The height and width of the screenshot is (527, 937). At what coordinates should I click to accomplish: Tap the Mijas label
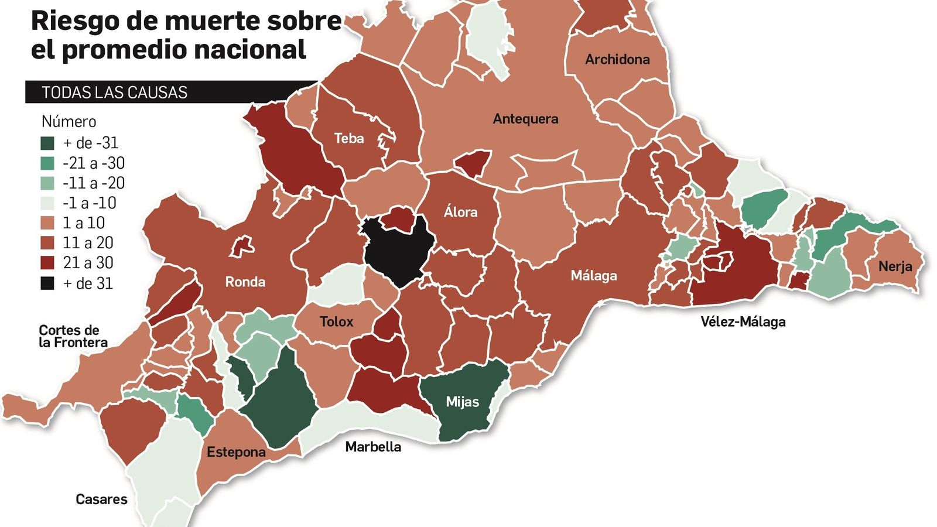point(462,402)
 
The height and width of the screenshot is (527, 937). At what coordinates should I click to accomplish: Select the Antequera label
point(525,119)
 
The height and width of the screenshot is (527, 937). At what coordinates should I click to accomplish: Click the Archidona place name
point(617,59)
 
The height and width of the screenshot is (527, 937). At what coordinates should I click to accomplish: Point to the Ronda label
point(245,282)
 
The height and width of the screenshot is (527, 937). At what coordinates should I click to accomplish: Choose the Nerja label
point(895,266)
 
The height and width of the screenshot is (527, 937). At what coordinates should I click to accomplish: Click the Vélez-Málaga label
point(743,321)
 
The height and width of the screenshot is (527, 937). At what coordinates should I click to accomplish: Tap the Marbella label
point(373,447)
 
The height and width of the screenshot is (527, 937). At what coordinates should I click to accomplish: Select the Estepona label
point(236,452)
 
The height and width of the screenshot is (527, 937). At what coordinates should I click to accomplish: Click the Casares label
point(101,499)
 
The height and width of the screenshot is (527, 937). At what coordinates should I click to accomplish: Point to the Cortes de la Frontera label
point(73,337)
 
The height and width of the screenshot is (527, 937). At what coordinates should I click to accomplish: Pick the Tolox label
point(336,321)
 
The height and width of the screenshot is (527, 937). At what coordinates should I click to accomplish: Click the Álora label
point(460,212)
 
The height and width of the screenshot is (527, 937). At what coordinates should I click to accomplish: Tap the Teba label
point(349,139)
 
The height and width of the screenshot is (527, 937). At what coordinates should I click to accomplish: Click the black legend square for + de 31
point(47,283)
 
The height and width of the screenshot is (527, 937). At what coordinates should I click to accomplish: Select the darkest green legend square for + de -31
point(47,143)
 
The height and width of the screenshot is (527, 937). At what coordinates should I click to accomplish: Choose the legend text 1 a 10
point(84,223)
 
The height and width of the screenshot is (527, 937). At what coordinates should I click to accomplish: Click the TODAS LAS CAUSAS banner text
point(114,93)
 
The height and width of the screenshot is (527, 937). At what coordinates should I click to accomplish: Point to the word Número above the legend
point(69,122)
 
